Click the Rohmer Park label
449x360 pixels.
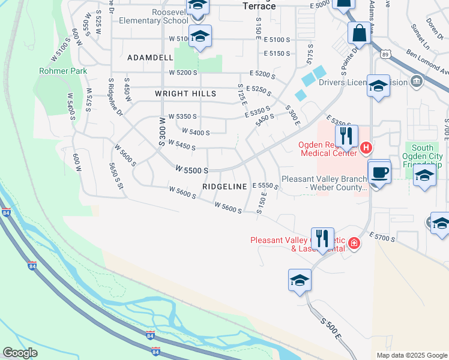63,71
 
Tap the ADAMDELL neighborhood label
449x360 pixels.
149,58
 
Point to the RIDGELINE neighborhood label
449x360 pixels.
224,187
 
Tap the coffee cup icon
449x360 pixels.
379,173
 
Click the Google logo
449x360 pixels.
20,353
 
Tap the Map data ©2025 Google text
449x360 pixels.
411,355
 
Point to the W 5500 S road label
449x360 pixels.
192,170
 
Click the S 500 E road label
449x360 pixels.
331,331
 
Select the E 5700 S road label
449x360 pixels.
382,238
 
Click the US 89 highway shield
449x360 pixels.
383,54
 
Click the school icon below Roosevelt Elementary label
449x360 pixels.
200,36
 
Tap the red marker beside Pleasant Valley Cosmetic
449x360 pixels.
354,243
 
